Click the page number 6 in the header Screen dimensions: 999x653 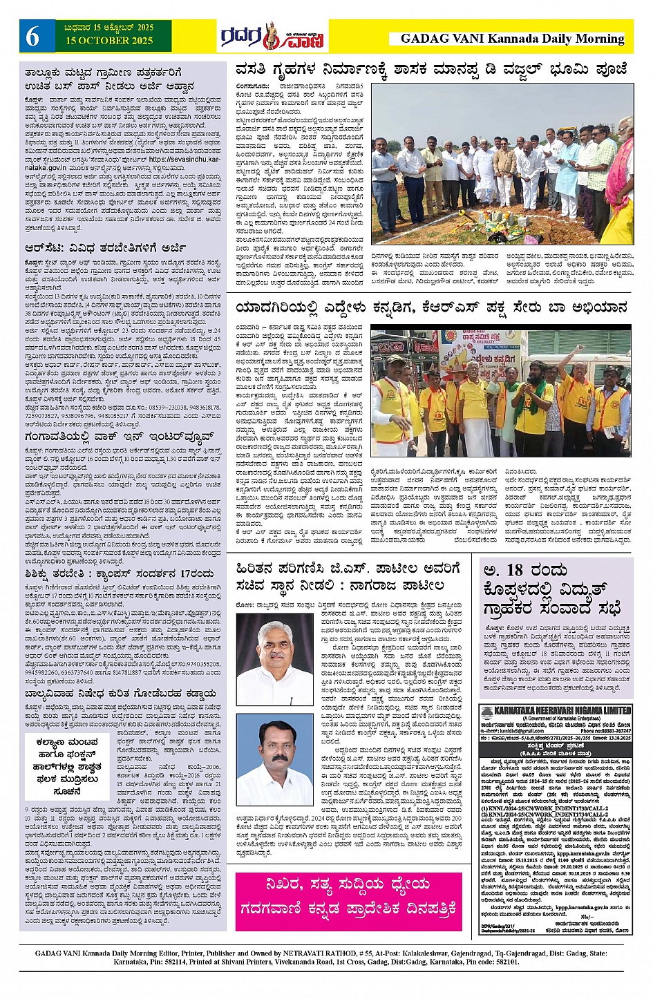[x=32, y=37]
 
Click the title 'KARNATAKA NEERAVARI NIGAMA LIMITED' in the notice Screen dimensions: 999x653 [x=561, y=710]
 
